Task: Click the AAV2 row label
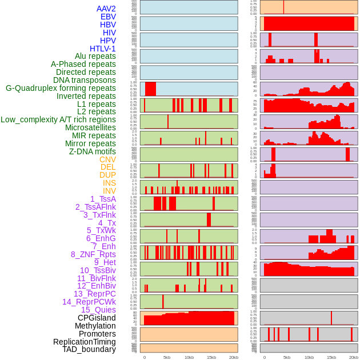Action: coord(106,9)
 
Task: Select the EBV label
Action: coord(108,17)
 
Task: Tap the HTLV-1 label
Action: coord(103,49)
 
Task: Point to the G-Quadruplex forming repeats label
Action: coord(61,88)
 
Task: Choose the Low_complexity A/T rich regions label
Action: coord(58,119)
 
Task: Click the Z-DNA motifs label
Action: coord(93,151)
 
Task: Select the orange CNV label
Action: coord(107,159)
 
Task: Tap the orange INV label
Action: coord(109,191)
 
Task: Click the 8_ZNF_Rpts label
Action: coord(93,254)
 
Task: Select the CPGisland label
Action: coord(97,318)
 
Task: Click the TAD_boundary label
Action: coord(89,349)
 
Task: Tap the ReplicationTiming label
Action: coord(85,342)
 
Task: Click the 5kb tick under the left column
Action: coord(167,357)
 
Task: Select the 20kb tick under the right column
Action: coord(354,357)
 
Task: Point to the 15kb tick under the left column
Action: coord(211,357)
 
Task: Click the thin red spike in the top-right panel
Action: coord(283,7)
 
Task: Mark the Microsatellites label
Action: coord(90,127)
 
